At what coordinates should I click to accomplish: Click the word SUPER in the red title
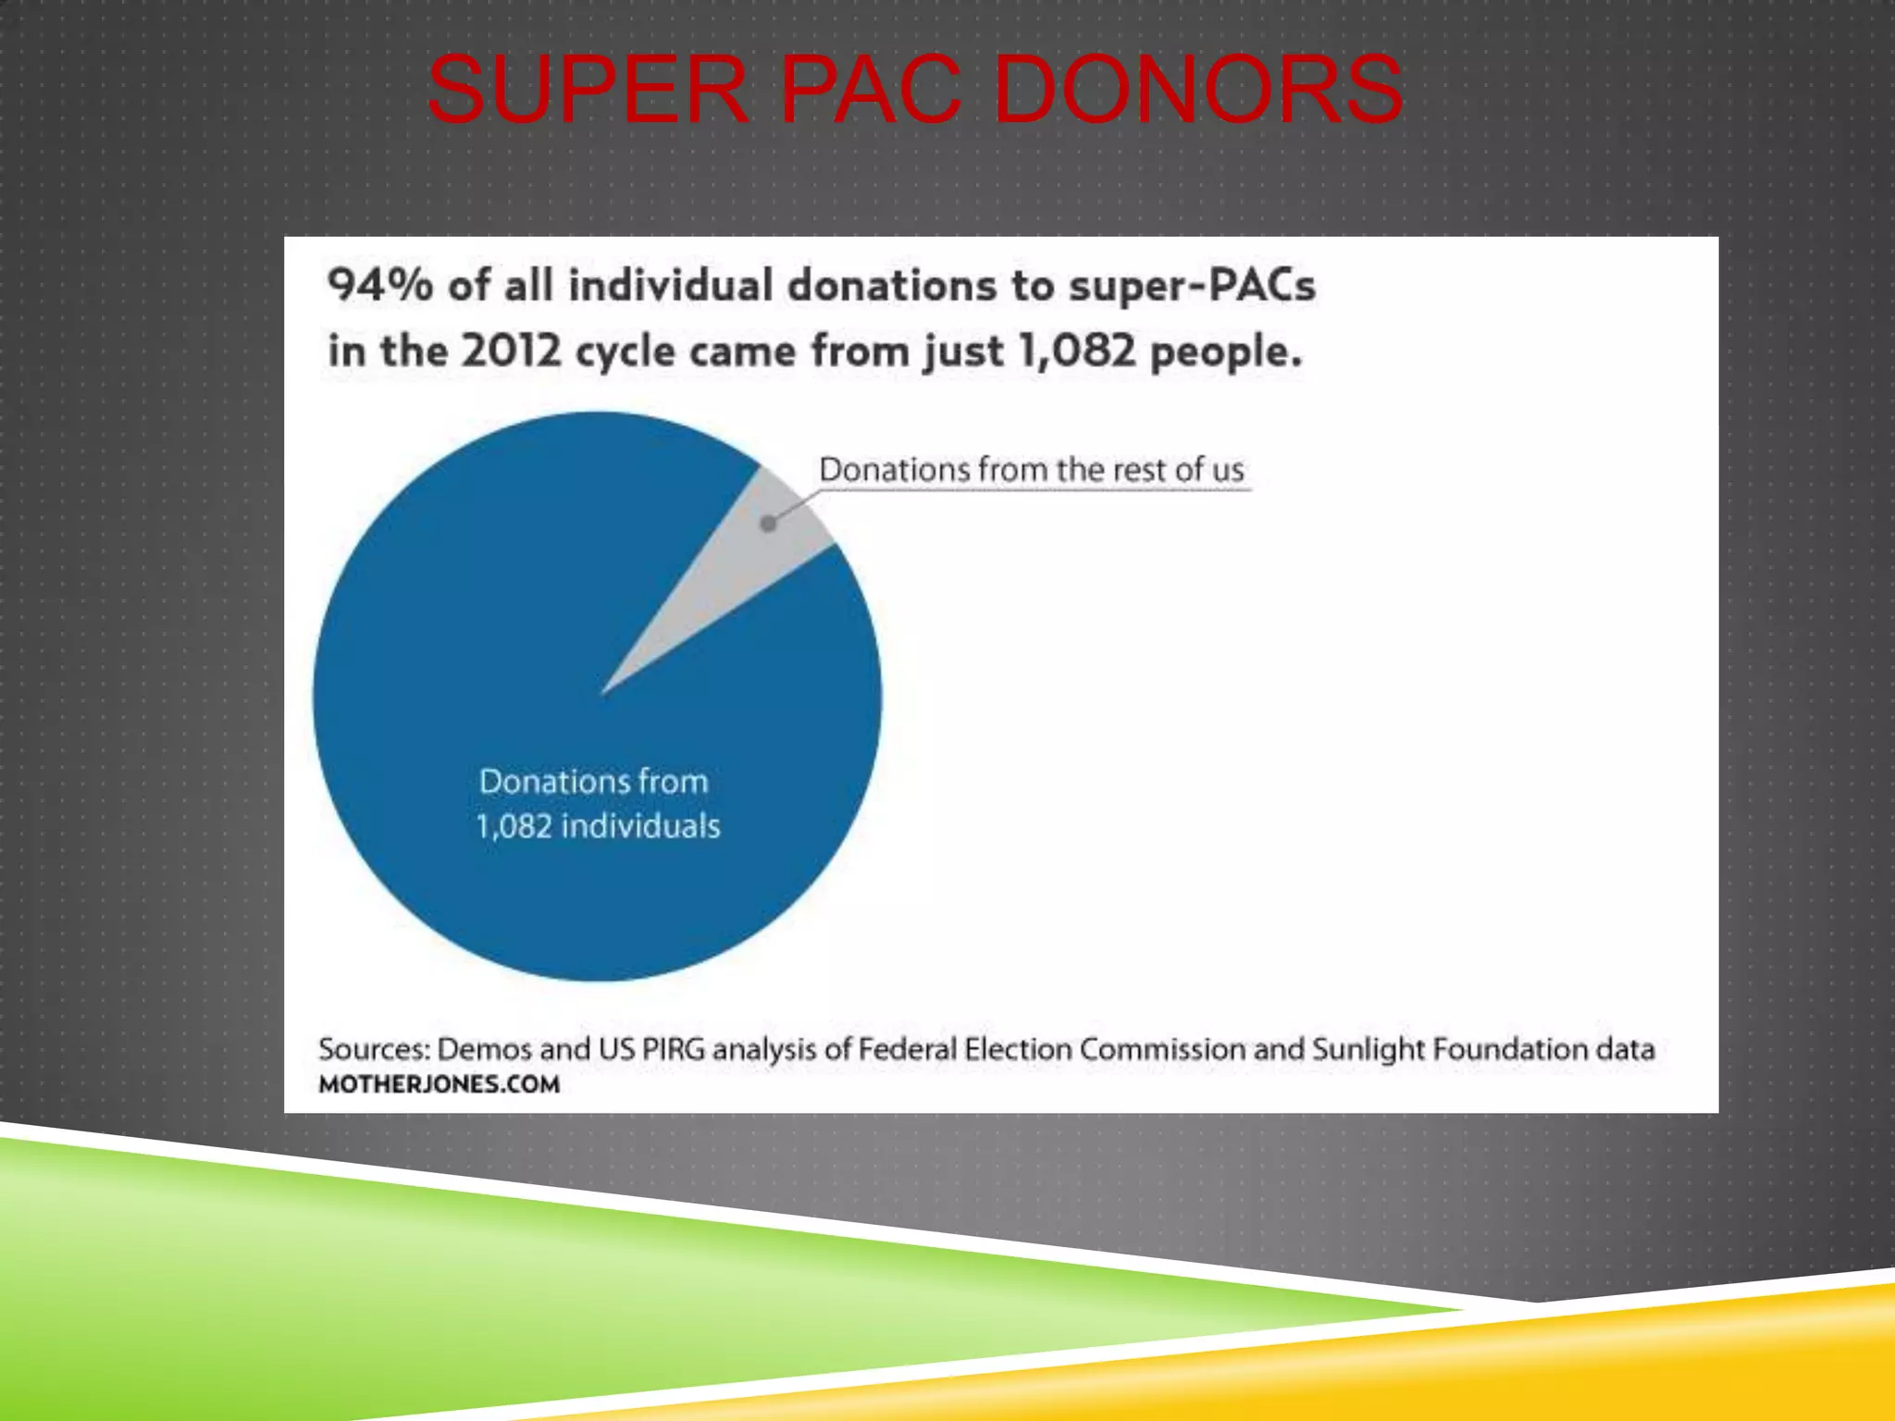click(587, 91)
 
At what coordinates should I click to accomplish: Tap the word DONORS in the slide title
click(1198, 91)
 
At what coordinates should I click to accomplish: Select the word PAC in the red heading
click(871, 91)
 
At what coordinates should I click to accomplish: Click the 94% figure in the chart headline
click(379, 284)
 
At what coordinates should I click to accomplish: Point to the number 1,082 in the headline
click(1076, 351)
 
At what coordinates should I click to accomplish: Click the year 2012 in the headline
click(511, 351)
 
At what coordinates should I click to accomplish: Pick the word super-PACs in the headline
click(1192, 285)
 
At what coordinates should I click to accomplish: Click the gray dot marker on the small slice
click(768, 524)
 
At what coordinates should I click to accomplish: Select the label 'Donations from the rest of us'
click(1032, 470)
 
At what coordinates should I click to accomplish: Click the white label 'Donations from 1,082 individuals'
click(597, 803)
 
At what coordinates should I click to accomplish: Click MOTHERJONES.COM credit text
click(439, 1084)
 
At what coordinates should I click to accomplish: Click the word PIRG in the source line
click(673, 1049)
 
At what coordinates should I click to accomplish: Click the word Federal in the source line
click(907, 1049)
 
